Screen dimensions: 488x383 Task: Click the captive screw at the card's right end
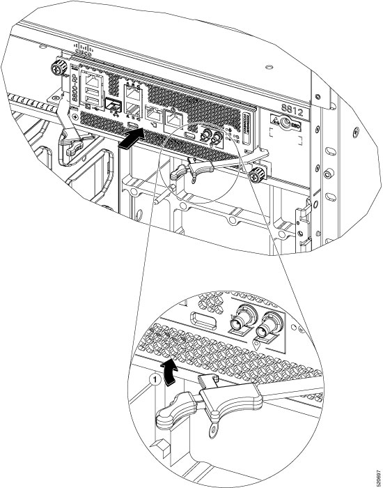pos(259,174)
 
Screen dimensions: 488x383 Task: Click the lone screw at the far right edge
pos(357,132)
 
